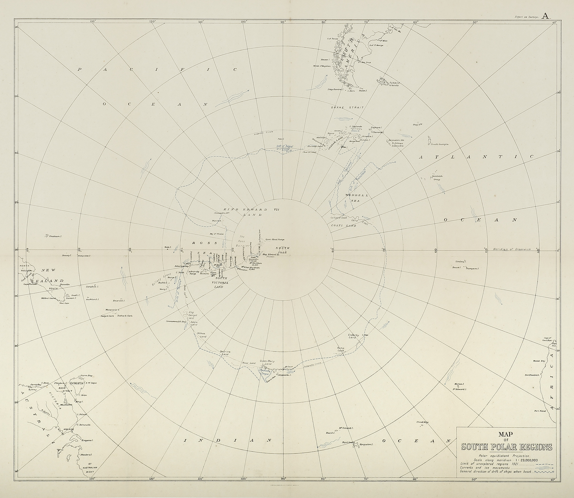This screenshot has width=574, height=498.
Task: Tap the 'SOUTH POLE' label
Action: (282, 250)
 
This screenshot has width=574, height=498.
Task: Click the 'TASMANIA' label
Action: (77, 383)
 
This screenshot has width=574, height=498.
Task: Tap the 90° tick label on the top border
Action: (283, 22)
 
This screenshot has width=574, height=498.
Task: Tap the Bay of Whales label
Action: (216, 234)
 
